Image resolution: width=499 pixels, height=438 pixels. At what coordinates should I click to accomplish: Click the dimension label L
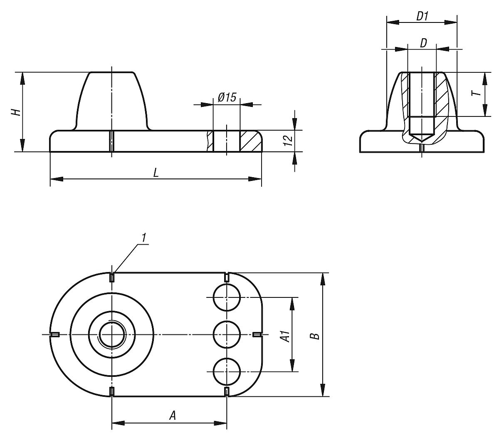156,173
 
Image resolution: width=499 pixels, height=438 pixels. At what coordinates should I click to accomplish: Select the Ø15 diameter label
227,97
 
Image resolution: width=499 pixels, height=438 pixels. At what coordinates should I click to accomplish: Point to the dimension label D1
422,16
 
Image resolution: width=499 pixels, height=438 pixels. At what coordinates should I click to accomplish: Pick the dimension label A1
285,335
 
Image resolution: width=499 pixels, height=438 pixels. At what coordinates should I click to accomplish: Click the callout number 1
143,238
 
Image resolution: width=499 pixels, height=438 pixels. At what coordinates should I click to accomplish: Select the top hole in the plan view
227,298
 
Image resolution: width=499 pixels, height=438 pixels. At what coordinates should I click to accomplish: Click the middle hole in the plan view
227,334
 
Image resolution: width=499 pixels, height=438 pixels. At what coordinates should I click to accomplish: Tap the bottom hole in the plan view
227,371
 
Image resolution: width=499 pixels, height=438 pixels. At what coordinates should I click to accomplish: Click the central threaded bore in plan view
112,334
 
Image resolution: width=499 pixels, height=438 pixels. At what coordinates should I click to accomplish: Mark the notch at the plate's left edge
54,334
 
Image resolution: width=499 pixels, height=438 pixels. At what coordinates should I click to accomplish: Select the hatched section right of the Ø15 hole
249,141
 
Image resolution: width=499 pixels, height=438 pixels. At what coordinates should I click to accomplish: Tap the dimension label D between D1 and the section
422,43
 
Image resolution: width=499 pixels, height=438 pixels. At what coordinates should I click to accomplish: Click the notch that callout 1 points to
112,277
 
